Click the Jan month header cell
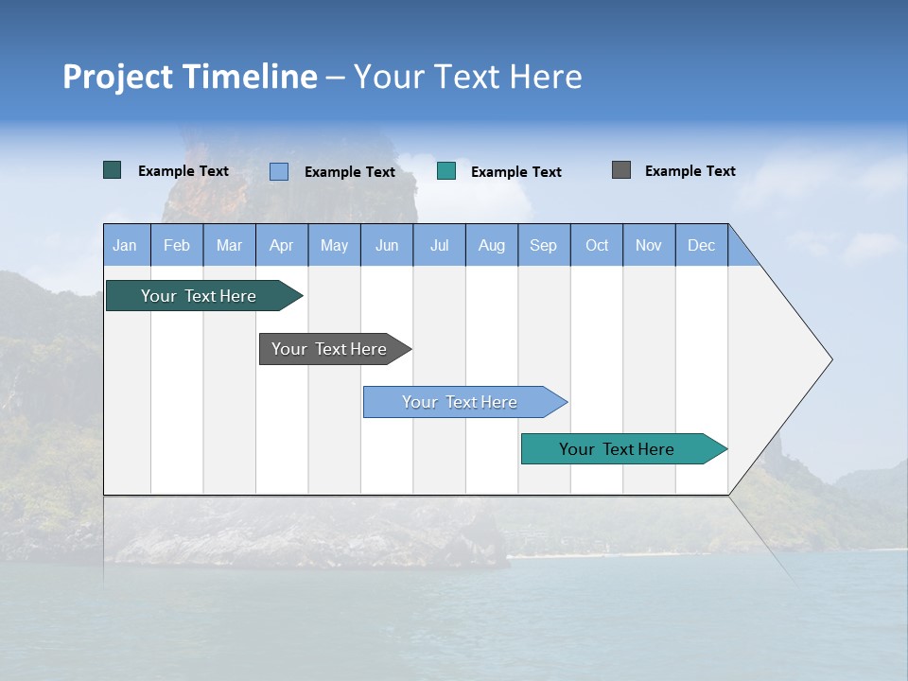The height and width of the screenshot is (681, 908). click(x=126, y=245)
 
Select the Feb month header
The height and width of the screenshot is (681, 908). click(x=177, y=245)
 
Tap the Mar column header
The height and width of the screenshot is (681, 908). click(x=229, y=245)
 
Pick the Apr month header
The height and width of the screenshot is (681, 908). click(x=282, y=245)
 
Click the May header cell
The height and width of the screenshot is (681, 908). click(x=334, y=245)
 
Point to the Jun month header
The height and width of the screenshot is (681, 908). click(x=387, y=245)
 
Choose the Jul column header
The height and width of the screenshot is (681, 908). click(x=439, y=245)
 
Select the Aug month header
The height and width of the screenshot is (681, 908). click(x=492, y=245)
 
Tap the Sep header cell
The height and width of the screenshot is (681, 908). click(x=544, y=245)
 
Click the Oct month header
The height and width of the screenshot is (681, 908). click(x=597, y=245)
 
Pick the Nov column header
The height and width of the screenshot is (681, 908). click(x=649, y=245)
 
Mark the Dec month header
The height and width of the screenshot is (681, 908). click(x=702, y=245)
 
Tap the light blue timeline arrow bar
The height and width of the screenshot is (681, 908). click(x=461, y=402)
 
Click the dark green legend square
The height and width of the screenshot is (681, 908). click(x=113, y=170)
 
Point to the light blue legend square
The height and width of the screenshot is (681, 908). click(x=279, y=171)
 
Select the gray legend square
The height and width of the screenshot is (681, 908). click(x=621, y=170)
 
